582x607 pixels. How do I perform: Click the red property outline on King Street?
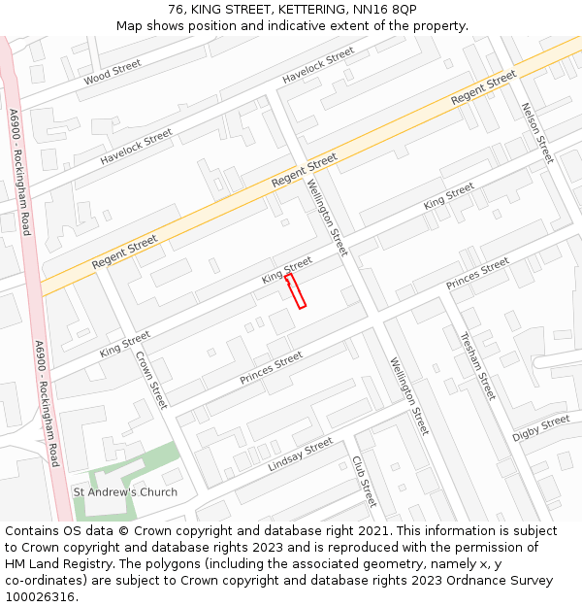(296, 291)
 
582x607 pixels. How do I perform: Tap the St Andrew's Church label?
(125, 492)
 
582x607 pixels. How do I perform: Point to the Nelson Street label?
(536, 133)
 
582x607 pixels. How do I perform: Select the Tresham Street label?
(477, 366)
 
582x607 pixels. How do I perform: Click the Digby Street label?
(541, 427)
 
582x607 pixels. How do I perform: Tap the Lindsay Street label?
(300, 455)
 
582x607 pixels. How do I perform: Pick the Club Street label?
(364, 481)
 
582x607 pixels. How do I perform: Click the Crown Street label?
(151, 379)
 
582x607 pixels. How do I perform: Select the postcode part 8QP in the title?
(401, 10)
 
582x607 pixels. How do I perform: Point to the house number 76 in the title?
(177, 10)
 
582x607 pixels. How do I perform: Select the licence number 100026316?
(42, 597)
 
